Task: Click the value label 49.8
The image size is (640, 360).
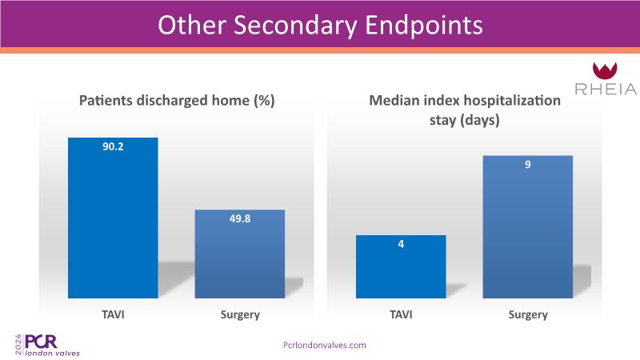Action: pos(240,218)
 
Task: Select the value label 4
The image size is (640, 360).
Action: pos(400,243)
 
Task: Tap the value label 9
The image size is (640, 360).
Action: pos(528,164)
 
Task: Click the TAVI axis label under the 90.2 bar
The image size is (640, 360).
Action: pos(114,314)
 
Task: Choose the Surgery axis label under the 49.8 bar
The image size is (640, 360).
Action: pos(240,314)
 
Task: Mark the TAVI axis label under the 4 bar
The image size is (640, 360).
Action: pos(400,314)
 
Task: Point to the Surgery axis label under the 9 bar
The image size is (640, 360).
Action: pos(528,314)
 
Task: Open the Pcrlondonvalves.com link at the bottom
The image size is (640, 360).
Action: pos(325,345)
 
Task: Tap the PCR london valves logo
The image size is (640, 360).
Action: pos(48,344)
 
